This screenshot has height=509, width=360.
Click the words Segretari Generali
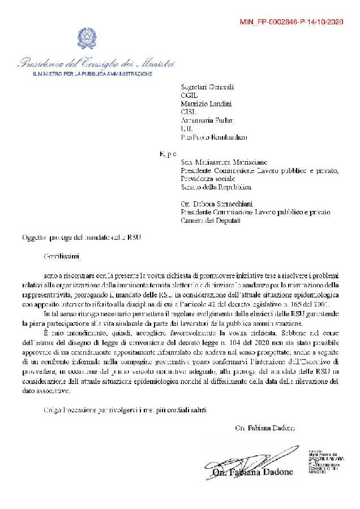point(207,87)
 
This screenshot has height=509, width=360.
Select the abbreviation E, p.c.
point(169,153)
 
